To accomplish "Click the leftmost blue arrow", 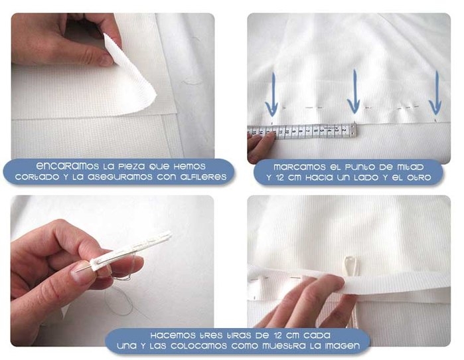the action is [271, 95].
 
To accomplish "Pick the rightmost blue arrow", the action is [435, 93].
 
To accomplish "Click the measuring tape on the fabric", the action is [302, 131].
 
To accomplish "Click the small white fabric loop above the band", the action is [351, 265].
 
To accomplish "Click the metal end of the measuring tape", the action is [353, 130].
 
